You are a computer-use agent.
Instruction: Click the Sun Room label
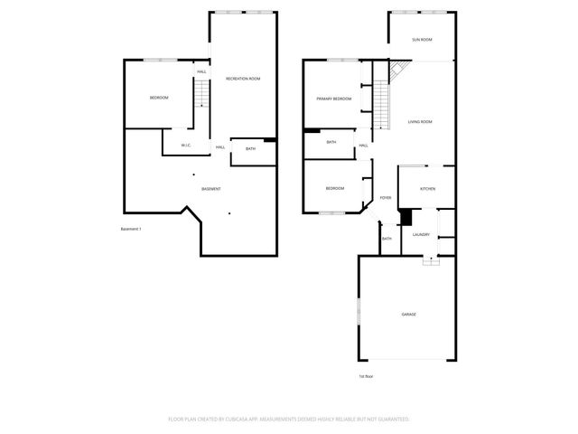tap(422, 40)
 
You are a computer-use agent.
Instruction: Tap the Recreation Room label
tap(243, 80)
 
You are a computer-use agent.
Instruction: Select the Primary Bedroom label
tap(333, 99)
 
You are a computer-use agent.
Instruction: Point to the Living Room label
tap(420, 122)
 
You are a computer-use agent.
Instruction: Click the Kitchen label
tap(427, 188)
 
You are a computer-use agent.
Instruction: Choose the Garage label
tap(409, 314)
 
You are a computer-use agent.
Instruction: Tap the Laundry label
tap(421, 234)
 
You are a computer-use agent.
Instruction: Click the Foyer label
tap(385, 197)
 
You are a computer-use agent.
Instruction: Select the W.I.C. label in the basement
tap(185, 145)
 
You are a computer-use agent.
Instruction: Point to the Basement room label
tap(211, 188)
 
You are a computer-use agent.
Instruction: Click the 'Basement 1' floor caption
tap(132, 229)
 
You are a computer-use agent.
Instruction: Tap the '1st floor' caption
tap(366, 375)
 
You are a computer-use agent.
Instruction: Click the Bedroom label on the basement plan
tap(159, 98)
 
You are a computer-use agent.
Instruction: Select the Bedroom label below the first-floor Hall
tap(335, 188)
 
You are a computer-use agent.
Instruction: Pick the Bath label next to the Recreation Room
tap(250, 148)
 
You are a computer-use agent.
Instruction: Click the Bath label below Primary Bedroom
tap(331, 142)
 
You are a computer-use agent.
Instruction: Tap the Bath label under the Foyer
tap(387, 239)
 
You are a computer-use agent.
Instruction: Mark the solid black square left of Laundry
tap(405, 218)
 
